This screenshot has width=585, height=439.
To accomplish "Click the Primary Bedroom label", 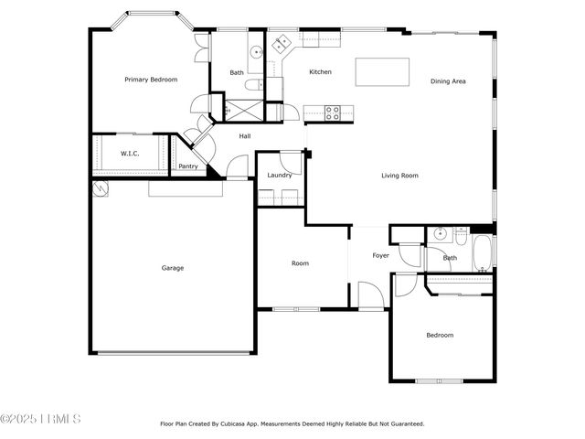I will coord(150,80).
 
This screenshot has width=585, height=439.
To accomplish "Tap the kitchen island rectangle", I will coord(381,71).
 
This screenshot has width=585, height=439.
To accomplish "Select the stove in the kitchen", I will coord(334,112).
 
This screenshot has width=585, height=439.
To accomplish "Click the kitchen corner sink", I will coord(282,41).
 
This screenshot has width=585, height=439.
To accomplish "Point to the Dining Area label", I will coord(448,81).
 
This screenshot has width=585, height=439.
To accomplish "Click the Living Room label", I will coord(399,175).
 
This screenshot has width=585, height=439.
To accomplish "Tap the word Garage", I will coord(173,268).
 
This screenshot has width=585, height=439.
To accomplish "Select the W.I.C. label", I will coord(130,153).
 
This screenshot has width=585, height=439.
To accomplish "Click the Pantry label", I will coord(188,166).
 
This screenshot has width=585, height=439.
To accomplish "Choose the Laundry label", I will coord(279,175).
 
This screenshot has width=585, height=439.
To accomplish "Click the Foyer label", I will coord(380,255).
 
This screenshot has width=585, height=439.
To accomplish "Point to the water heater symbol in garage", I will coord(101,188).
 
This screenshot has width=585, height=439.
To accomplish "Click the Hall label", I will coord(245,136).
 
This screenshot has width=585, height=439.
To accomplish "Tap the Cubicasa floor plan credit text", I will coord(292,423).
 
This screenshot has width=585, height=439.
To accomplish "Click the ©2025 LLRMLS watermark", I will coord(41,420).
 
